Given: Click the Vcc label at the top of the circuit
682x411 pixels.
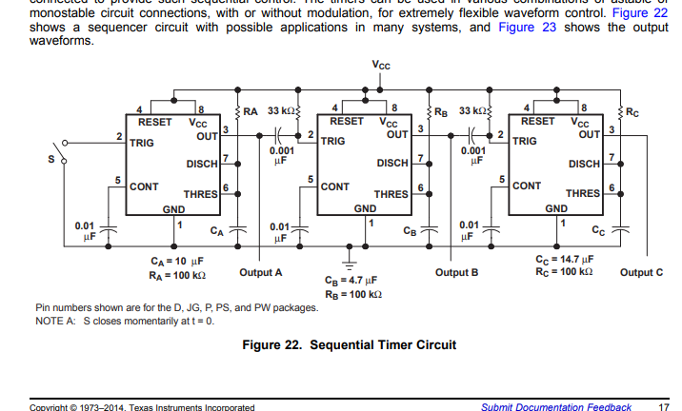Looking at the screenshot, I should (381, 65).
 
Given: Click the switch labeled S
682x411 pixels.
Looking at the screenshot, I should (60, 154).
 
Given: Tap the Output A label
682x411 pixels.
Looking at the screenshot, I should (261, 273).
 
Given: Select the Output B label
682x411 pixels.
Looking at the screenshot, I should (456, 273).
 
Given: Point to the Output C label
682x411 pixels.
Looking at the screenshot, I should (641, 273).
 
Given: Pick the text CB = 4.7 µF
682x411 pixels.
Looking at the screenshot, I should (351, 282).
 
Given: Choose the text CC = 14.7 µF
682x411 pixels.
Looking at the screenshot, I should (565, 259).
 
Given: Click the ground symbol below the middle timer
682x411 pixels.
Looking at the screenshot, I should (351, 259).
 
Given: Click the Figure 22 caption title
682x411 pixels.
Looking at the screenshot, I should (349, 344).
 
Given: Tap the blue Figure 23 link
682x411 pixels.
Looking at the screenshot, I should (529, 27).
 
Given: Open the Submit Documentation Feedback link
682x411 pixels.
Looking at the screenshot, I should (556, 407).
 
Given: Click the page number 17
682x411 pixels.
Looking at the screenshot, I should (663, 407).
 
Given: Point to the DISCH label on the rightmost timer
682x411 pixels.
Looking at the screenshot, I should (584, 164).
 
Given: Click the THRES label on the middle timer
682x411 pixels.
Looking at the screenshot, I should (391, 194).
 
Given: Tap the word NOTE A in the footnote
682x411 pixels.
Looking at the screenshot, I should (56, 321).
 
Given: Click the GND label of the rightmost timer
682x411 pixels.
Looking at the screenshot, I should (556, 208).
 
